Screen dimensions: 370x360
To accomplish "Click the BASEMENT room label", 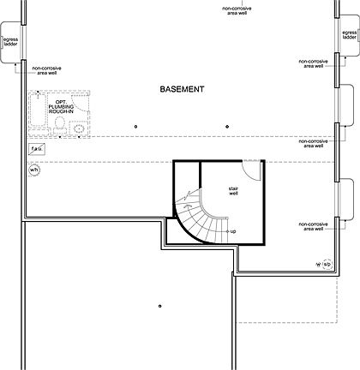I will [x=181, y=89].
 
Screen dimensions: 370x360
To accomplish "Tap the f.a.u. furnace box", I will [x=36, y=149].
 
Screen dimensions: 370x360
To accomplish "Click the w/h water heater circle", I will [x=35, y=170].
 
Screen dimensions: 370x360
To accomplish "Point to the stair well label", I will [x=232, y=192].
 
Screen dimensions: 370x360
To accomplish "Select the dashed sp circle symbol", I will [x=327, y=264].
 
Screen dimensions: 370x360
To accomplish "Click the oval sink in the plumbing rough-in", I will [x=80, y=128].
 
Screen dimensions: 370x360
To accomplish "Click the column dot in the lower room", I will [x=160, y=306].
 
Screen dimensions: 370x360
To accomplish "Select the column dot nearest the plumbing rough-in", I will [x=135, y=126].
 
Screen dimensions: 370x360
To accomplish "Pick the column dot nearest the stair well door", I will [x=226, y=126].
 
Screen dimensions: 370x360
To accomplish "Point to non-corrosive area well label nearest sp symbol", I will [x=313, y=226].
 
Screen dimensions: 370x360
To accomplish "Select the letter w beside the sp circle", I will [x=317, y=264].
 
